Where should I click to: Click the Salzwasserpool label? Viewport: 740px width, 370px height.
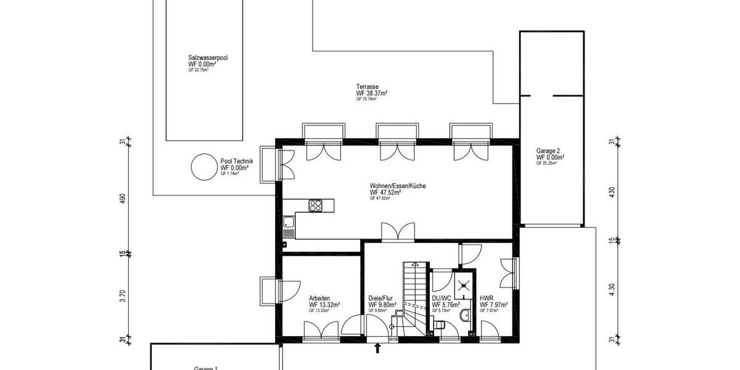[208, 57]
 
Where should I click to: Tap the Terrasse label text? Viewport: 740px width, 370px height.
[367, 87]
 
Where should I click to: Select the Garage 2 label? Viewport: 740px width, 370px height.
[548, 150]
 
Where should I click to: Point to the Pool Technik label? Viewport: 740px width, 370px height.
[236, 162]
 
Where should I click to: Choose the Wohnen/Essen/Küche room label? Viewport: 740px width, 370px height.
[397, 186]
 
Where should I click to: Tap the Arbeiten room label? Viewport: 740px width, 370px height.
[319, 298]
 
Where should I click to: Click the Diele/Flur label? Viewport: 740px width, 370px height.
[380, 298]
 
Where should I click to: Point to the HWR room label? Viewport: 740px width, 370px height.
[485, 298]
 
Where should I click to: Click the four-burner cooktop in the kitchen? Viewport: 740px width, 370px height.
[316, 205]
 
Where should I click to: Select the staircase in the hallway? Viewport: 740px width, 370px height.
[414, 296]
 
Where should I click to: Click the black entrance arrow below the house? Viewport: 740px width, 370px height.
[377, 349]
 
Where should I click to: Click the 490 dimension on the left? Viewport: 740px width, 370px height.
[123, 199]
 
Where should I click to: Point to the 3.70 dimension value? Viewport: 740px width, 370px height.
[123, 297]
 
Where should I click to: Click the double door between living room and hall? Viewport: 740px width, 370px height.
[393, 232]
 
